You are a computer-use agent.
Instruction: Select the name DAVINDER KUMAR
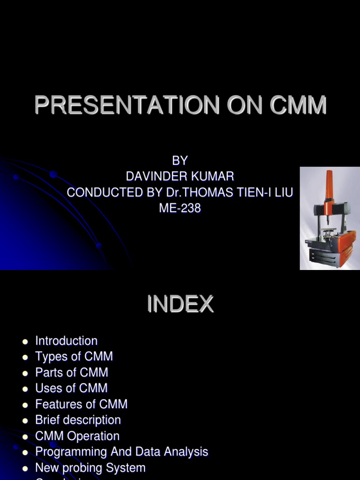pyautogui.click(x=180, y=177)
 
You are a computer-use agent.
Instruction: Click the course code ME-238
pyautogui.click(x=180, y=209)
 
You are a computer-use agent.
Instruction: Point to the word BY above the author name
pyautogui.click(x=180, y=161)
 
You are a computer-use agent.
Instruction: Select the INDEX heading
pyautogui.click(x=180, y=305)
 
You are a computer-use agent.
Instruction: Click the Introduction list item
pyautogui.click(x=66, y=341)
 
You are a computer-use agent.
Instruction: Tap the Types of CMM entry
pyautogui.click(x=74, y=357)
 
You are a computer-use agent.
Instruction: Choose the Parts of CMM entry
pyautogui.click(x=72, y=373)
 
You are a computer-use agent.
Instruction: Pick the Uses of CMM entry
pyautogui.click(x=71, y=388)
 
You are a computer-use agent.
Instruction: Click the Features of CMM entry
pyautogui.click(x=81, y=404)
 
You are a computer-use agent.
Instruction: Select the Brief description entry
pyautogui.click(x=78, y=420)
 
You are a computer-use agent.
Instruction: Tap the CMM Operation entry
pyautogui.click(x=77, y=436)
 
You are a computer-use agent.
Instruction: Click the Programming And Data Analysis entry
pyautogui.click(x=121, y=452)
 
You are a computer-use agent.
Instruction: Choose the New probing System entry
pyautogui.click(x=90, y=468)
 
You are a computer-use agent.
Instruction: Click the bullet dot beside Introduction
pyautogui.click(x=25, y=341)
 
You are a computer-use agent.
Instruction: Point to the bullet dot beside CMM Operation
pyautogui.click(x=25, y=436)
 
